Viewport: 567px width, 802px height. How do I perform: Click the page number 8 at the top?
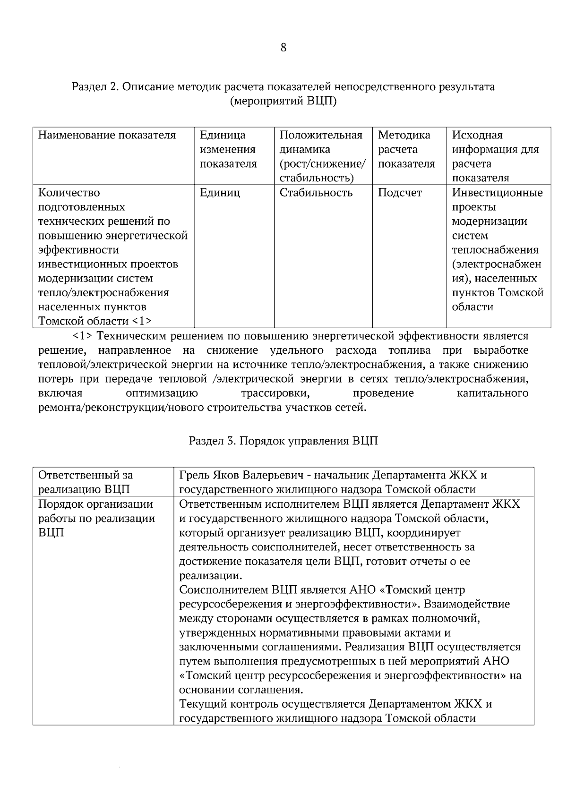[x=283, y=48]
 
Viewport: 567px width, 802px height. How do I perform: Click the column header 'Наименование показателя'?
[x=107, y=136]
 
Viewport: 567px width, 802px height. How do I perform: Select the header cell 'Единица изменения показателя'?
[x=228, y=150]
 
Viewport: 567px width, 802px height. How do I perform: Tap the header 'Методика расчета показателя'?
[x=406, y=150]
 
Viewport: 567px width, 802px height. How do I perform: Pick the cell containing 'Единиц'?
[x=220, y=193]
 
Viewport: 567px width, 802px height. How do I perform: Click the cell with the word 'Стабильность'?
[x=316, y=193]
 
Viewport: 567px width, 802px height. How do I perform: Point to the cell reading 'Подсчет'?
[x=400, y=193]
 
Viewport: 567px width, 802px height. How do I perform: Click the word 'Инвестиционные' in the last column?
[x=497, y=193]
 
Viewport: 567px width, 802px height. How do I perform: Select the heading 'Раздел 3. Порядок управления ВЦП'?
[x=283, y=441]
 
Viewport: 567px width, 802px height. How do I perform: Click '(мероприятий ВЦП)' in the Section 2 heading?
[x=283, y=102]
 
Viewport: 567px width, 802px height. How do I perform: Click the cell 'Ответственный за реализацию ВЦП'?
[x=85, y=482]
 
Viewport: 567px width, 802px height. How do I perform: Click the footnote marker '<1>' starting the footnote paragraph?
[x=82, y=336]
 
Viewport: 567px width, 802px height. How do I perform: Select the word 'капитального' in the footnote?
[x=492, y=393]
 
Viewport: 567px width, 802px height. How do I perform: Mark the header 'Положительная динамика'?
[x=321, y=143]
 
